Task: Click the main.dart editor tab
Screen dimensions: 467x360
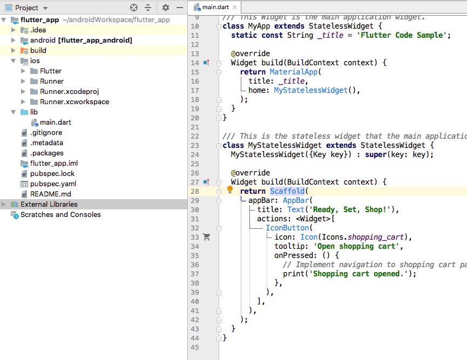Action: coord(215,6)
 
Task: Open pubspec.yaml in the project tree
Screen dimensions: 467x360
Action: coord(53,184)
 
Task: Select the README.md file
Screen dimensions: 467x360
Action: coord(50,194)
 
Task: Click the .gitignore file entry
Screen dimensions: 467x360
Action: coord(46,132)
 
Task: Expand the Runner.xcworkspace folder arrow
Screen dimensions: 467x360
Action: coord(23,101)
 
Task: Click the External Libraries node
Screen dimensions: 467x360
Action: coord(49,204)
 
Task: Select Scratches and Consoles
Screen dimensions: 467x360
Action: coord(60,214)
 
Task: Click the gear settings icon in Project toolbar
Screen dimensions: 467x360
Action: coord(166,8)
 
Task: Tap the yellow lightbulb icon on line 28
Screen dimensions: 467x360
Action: coord(230,191)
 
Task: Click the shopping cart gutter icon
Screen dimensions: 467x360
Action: coord(206,237)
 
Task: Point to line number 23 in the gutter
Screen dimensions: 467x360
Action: coord(195,145)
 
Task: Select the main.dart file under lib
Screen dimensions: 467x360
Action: coord(55,122)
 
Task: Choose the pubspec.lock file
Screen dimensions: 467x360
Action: coord(52,173)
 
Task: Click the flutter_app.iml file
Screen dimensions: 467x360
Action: coord(54,163)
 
